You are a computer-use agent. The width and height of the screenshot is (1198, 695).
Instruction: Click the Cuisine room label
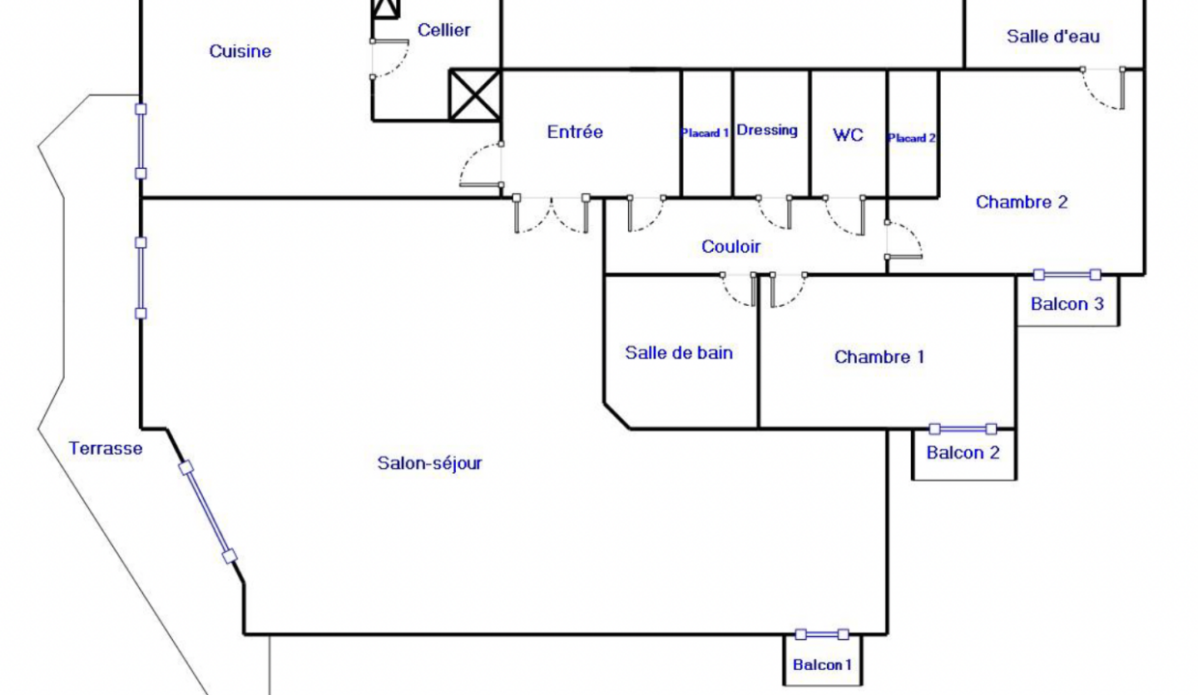[241, 51]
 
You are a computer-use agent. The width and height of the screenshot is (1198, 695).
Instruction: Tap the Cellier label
[443, 30]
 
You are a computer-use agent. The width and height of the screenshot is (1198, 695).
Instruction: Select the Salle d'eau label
[1053, 37]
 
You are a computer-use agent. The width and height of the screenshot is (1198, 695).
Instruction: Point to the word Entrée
[575, 131]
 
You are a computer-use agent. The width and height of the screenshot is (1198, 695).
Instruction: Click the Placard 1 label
[704, 133]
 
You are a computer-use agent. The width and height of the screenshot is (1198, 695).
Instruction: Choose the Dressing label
[767, 130]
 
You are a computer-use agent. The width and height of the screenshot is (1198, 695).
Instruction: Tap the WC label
[848, 134]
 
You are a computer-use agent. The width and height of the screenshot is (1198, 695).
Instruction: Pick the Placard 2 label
[912, 138]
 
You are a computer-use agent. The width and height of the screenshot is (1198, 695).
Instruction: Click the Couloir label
[730, 246]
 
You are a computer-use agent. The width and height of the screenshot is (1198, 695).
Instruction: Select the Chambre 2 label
[1021, 202]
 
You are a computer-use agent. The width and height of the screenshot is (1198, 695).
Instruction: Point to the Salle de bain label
[678, 352]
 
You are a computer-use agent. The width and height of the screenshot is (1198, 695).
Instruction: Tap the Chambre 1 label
[879, 357]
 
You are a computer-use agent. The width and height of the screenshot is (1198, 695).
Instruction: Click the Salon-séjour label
[430, 463]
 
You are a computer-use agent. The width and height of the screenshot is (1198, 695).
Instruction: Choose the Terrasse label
[105, 448]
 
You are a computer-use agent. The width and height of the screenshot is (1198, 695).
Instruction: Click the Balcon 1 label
[822, 664]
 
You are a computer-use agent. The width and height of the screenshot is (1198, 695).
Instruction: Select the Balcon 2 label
[962, 453]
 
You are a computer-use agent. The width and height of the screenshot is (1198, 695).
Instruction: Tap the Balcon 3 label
[1067, 304]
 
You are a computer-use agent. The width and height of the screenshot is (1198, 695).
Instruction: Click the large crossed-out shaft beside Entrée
[475, 96]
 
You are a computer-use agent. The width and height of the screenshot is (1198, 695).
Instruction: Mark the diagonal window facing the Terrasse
[208, 513]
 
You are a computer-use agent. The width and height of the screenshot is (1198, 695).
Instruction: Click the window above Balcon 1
[822, 634]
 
